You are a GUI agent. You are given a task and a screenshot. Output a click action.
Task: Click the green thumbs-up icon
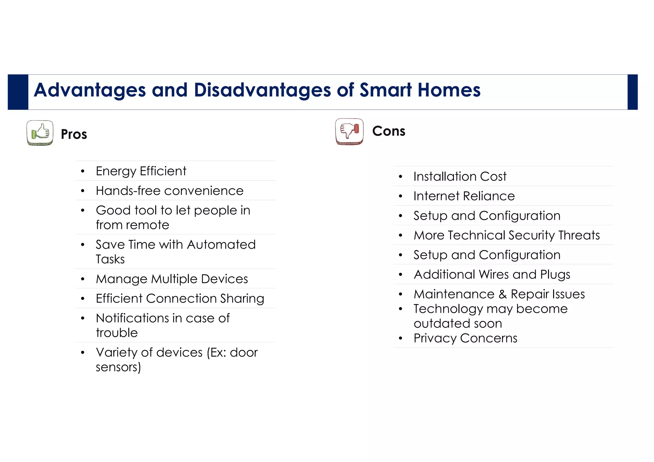tap(40, 133)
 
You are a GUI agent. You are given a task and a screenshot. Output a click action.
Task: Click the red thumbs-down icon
tap(349, 131)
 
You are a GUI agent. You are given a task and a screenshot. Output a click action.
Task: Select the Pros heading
tap(74, 134)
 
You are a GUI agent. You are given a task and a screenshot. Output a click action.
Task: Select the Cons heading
tap(389, 131)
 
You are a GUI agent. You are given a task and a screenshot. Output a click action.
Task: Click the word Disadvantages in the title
tap(262, 90)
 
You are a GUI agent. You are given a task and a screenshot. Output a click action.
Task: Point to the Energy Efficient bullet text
tap(141, 171)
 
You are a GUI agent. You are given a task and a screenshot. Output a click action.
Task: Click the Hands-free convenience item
tap(170, 191)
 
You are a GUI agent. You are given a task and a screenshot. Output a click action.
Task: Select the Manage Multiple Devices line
tap(172, 279)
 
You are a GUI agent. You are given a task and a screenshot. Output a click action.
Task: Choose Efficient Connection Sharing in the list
tap(180, 299)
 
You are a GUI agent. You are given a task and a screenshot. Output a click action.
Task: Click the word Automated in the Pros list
tap(221, 245)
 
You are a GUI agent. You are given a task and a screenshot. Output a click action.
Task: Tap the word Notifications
tap(132, 318)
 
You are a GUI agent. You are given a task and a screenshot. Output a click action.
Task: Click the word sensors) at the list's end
tap(118, 367)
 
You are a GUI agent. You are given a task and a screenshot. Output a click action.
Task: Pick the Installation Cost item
tap(460, 176)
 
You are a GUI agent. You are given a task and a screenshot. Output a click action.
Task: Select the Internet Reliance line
tap(464, 196)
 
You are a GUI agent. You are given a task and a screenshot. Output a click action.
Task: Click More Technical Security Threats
tap(506, 235)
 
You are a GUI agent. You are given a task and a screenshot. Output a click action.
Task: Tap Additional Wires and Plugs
tap(492, 274)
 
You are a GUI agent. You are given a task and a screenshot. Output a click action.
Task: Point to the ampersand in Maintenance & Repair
tap(503, 294)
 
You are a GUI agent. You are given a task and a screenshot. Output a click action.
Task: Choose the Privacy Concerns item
tap(465, 338)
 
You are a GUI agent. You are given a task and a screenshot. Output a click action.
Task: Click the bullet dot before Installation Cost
tap(400, 176)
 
